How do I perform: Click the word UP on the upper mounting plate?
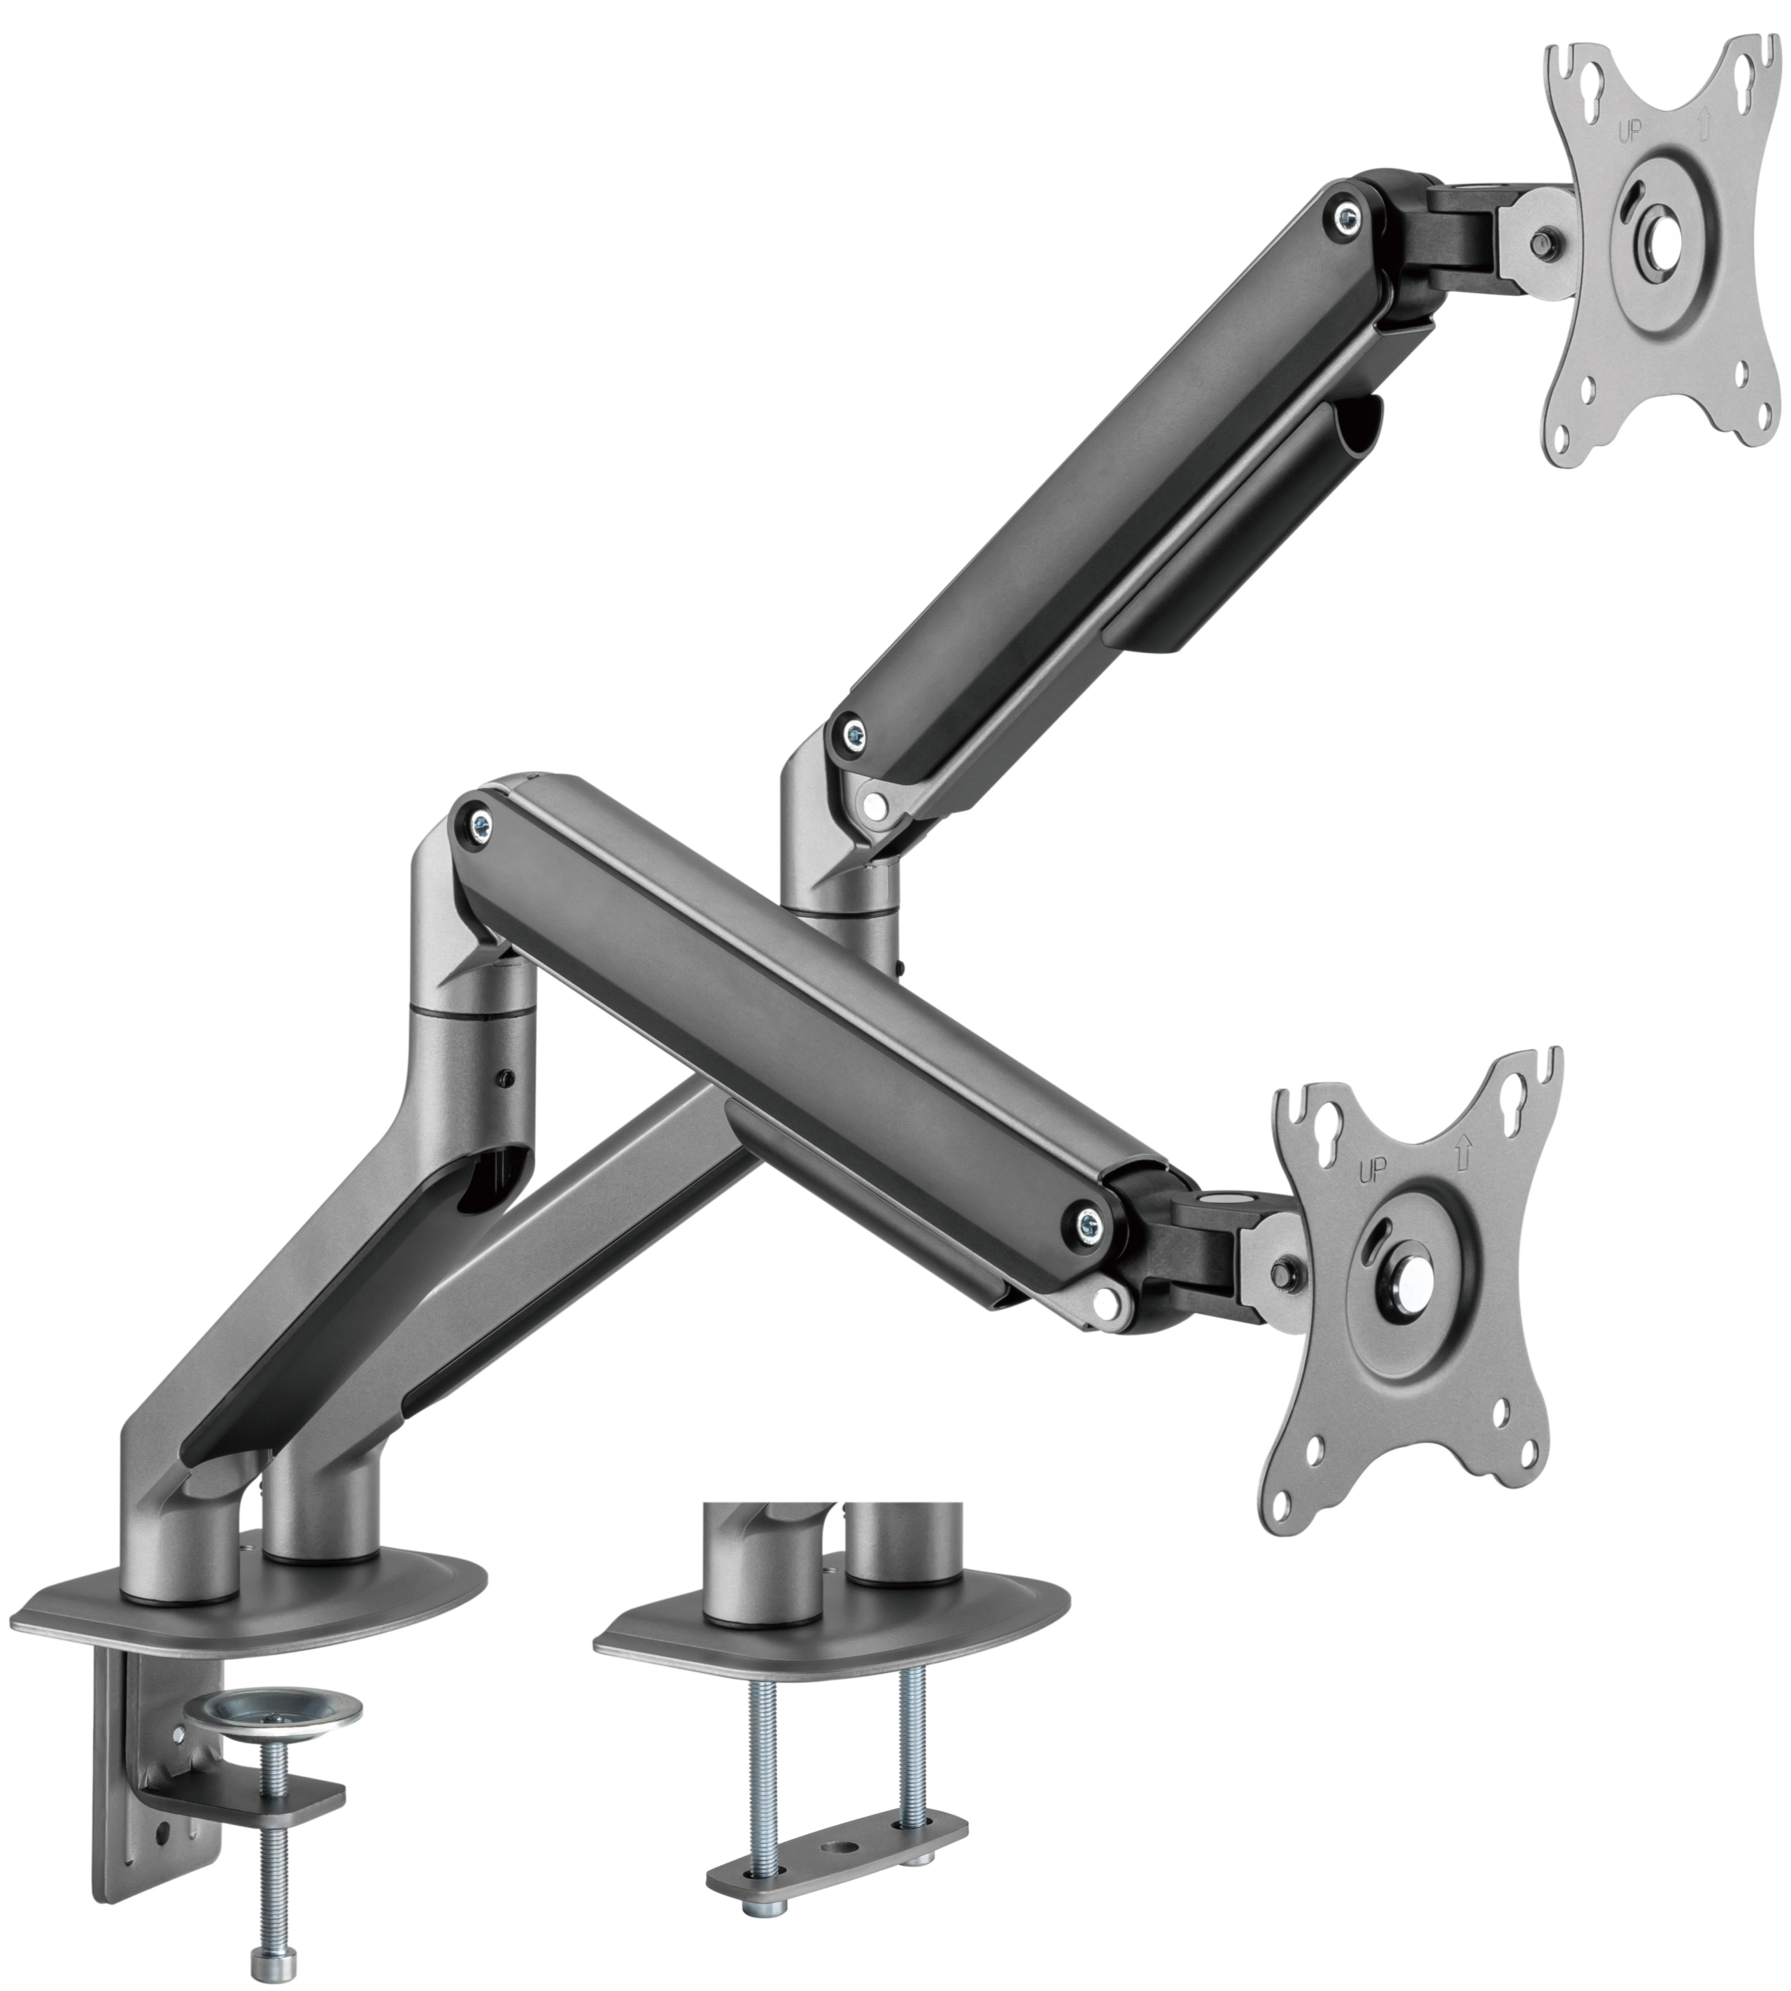[1631, 130]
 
